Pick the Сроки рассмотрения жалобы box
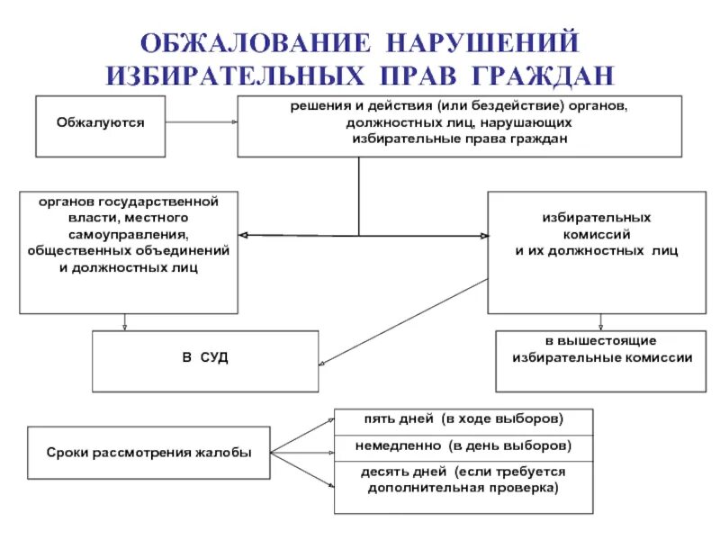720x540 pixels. click(149, 452)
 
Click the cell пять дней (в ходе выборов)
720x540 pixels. click(463, 419)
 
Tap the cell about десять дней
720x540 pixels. click(463, 481)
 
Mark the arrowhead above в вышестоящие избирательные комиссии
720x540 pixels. click(600, 327)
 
